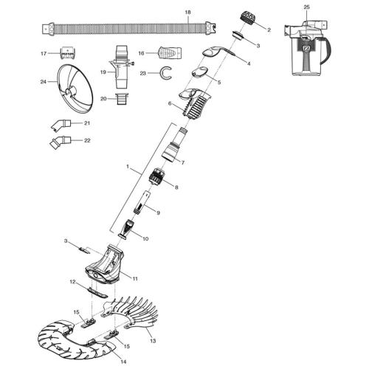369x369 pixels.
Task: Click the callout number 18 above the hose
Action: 187,13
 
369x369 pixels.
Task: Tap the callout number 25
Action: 306,7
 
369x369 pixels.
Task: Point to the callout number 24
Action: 44,82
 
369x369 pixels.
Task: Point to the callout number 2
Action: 269,30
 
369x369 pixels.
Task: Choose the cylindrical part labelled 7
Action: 170,144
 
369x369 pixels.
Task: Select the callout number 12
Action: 72,282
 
